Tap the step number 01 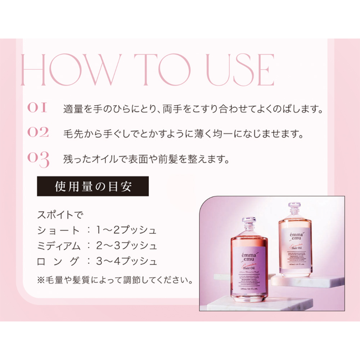click(37, 108)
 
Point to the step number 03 click(38, 159)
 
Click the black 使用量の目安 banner click(93, 186)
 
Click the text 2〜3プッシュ click(127, 246)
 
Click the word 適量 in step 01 click(71, 109)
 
